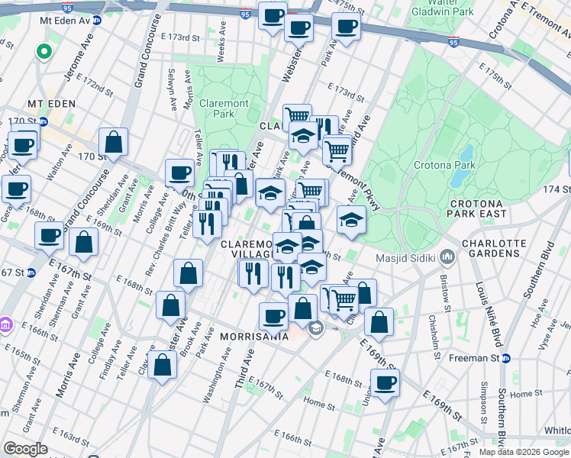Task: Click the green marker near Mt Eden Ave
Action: coord(44,53)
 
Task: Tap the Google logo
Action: coord(25,449)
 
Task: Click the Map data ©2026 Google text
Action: coord(524,452)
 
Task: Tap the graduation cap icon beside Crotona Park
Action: coord(351,220)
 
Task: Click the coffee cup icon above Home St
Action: coord(385,382)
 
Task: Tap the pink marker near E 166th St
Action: coord(5,326)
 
